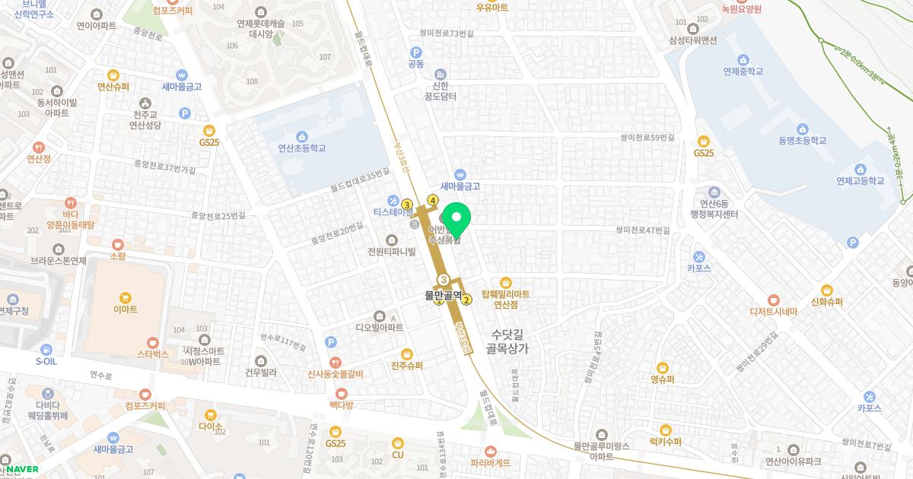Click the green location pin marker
coord(456,219)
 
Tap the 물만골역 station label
coord(444,295)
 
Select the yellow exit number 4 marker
coord(433,200)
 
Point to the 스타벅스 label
coord(152,354)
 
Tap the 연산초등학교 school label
coord(301,148)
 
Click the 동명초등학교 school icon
coord(802,128)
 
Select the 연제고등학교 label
coord(860,181)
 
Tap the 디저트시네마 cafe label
coord(773,311)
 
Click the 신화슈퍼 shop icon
coord(827,290)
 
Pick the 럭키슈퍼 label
coord(665,442)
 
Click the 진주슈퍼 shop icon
coord(407,354)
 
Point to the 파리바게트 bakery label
coord(490,462)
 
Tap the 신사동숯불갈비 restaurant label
coord(335,373)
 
